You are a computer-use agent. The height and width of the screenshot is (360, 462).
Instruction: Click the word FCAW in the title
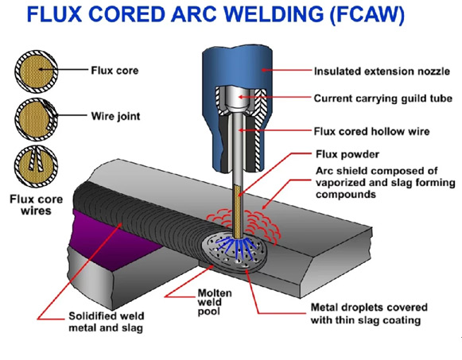pos(367,14)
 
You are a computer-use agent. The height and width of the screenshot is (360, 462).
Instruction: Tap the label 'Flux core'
pos(115,71)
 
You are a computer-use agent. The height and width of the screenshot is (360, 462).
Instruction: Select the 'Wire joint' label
pos(115,116)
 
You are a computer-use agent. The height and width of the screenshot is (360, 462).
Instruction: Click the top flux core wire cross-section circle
pos(37,72)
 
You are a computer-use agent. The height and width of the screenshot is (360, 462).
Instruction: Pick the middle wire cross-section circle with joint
pos(37,119)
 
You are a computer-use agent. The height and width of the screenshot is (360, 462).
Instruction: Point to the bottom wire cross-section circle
pos(37,166)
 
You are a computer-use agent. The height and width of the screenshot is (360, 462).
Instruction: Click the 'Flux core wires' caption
pos(37,205)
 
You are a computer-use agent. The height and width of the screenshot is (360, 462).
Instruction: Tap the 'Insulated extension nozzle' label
pos(382,72)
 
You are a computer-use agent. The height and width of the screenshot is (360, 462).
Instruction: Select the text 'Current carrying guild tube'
pos(382,99)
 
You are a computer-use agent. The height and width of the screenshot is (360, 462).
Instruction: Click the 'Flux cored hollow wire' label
pos(371,131)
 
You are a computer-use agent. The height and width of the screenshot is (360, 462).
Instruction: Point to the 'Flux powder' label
pos(347,154)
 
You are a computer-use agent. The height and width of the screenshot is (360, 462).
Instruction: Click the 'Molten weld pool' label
pos(215,302)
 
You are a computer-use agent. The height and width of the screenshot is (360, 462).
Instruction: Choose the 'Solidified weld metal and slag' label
pos(106,322)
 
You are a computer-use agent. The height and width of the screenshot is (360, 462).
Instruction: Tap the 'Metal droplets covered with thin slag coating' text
pos(369,314)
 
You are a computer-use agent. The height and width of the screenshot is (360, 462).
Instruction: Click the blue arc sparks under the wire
pos(236,246)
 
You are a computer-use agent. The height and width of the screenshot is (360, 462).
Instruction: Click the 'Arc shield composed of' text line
pos(377,171)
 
